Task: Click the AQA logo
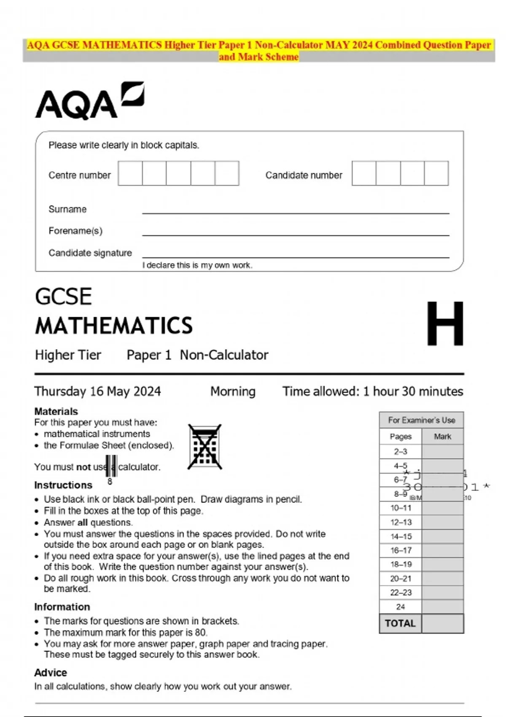click(x=89, y=101)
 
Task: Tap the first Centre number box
click(x=130, y=173)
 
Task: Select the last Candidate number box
click(x=436, y=173)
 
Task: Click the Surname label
click(x=67, y=209)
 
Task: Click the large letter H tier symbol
click(x=445, y=324)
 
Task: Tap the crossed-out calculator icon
click(x=205, y=447)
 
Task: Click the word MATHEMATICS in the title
click(x=114, y=326)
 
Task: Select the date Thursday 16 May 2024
click(x=97, y=391)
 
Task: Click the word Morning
click(x=233, y=391)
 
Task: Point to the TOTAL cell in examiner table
click(x=400, y=623)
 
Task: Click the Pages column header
click(x=401, y=437)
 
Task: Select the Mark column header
click(x=442, y=437)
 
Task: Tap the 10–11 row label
click(x=401, y=508)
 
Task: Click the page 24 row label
click(x=401, y=607)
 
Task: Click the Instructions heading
click(x=63, y=485)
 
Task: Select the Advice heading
click(x=51, y=673)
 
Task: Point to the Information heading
click(x=62, y=607)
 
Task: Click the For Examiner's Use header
click(x=422, y=420)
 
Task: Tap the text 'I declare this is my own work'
click(x=197, y=265)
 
